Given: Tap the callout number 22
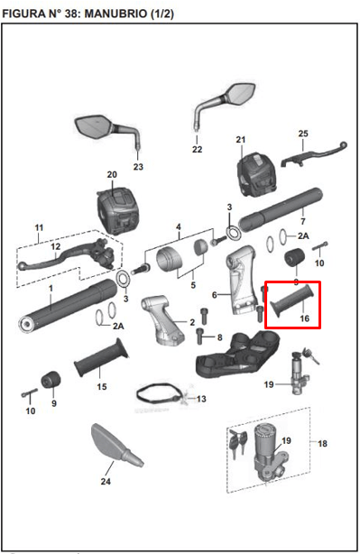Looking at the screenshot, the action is coord(197,149).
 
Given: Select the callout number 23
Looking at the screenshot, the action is coord(138,166).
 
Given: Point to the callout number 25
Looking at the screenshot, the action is coord(303,134).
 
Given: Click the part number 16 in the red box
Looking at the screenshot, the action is coord(305,319).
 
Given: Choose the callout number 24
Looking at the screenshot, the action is coord(106,481).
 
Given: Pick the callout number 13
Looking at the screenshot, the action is coord(201,399).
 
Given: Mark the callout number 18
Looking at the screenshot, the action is coord(322,443).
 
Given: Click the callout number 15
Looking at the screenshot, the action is coord(102,386).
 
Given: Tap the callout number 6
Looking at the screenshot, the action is coord(214,294).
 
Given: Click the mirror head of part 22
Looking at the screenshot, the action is coord(241,93).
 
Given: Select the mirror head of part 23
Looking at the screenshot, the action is coord(93,127).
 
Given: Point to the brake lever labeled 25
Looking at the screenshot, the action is coord(314,154).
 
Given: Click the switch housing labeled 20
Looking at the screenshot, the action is coord(116,211).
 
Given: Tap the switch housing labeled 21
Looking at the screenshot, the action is coord(255,174).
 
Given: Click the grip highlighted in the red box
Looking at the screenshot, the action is coord(291,300).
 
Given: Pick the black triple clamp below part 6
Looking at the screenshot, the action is coord(237,355).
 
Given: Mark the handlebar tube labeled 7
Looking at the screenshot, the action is coord(281,209).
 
